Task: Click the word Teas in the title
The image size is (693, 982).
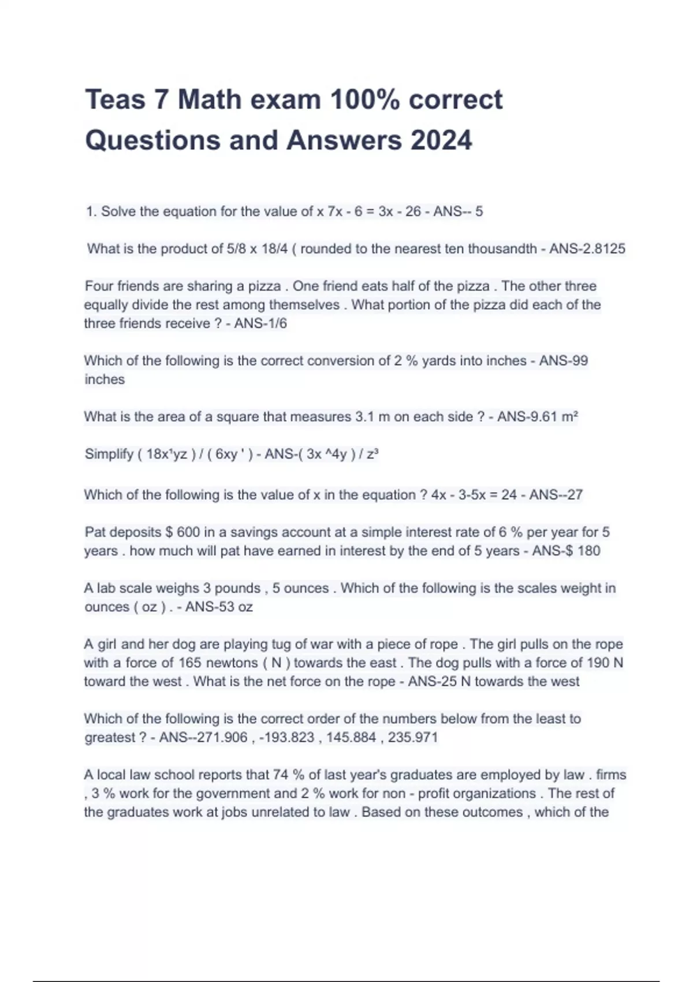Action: [x=114, y=99]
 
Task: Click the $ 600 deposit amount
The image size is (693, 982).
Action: [x=182, y=532]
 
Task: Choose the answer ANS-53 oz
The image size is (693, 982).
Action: [x=219, y=607]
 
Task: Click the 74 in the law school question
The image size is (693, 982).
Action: [x=281, y=775]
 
